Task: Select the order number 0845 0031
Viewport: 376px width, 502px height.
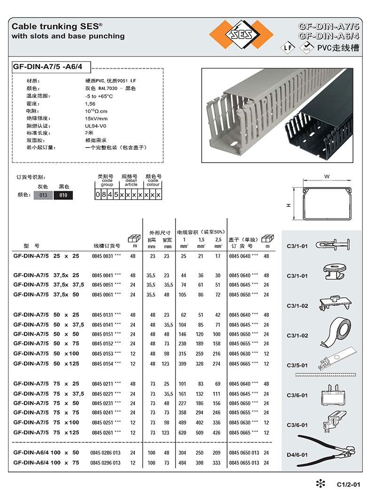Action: (x=102, y=256)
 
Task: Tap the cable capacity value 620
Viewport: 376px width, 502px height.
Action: (x=183, y=432)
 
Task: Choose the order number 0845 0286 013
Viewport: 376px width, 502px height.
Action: (x=105, y=453)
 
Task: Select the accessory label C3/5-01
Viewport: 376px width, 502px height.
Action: (x=297, y=365)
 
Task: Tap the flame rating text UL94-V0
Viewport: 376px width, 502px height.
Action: (x=95, y=125)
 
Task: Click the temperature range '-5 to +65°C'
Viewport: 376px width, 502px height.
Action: (x=99, y=96)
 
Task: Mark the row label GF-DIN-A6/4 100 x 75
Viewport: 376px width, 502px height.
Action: (x=46, y=463)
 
